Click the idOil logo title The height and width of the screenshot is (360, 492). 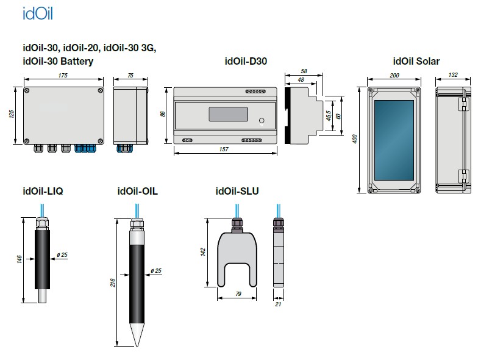[x=37, y=13]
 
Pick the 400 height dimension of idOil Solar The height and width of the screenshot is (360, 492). [x=355, y=140]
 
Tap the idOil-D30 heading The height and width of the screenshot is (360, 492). [x=246, y=61]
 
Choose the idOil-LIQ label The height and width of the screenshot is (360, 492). [x=42, y=191]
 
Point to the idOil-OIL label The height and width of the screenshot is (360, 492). [x=137, y=191]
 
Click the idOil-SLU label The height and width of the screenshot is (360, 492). [x=237, y=191]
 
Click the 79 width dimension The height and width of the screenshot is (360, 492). [x=237, y=295]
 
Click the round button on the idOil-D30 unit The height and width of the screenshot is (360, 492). [x=261, y=120]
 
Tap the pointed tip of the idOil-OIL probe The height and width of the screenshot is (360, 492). [x=137, y=344]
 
